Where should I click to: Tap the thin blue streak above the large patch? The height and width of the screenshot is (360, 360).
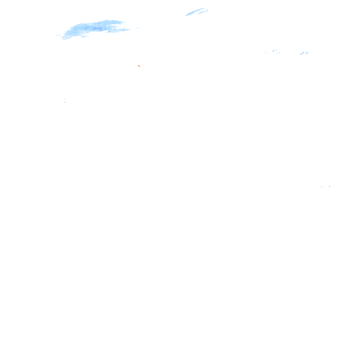tap(197, 11)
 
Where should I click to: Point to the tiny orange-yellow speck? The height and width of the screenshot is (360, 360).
tap(139, 66)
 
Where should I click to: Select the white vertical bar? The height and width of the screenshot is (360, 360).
tap(65, 100)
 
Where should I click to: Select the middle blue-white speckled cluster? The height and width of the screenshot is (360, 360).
tap(276, 51)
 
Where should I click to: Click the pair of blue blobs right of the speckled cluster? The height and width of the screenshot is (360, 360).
tap(305, 52)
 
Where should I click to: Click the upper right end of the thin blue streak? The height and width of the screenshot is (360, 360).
tap(208, 8)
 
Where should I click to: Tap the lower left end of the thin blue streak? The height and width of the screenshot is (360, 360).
tap(184, 16)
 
